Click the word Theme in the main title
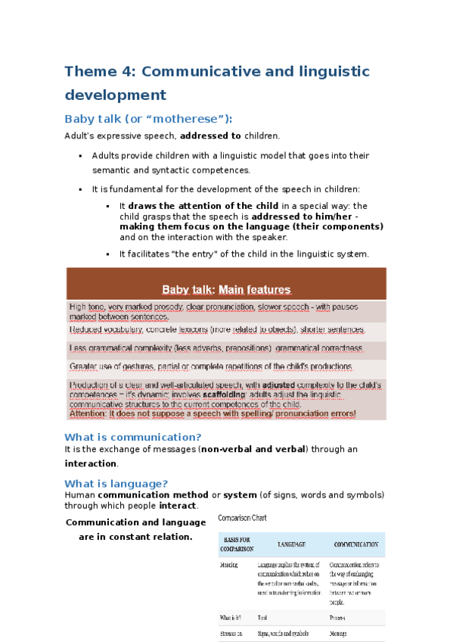coord(88,72)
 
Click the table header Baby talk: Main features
coord(227,289)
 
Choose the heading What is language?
coord(116,484)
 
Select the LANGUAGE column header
coord(290,544)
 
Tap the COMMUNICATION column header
coord(355,544)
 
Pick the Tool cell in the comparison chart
coord(262,618)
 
